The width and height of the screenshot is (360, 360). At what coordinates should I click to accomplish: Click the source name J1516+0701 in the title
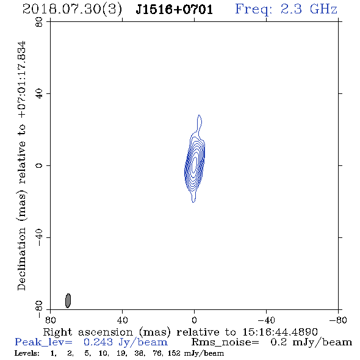coord(174,9)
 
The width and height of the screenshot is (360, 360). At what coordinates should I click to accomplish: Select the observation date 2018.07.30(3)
coord(72,10)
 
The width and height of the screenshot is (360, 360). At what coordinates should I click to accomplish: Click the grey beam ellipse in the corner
coord(68,301)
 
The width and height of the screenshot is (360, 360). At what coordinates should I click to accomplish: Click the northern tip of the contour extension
coord(199,115)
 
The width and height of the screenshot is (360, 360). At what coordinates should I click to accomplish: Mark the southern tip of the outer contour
coord(193,202)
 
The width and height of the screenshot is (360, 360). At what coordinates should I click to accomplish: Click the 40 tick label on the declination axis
coord(39,93)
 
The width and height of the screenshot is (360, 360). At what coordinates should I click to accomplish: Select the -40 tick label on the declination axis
coord(39,237)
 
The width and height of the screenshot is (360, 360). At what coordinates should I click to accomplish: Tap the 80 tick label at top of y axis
coord(39,22)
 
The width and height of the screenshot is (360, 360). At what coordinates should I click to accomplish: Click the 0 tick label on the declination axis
coord(39,165)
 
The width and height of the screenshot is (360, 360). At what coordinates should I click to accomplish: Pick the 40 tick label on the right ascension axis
coord(122,320)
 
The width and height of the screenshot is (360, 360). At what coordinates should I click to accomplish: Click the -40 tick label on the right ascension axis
coord(266,320)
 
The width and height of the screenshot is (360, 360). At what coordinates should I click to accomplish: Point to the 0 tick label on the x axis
coord(194,320)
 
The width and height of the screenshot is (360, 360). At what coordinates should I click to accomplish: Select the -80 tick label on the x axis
coord(338,320)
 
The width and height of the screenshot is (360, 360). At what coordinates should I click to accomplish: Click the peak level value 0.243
coord(98,342)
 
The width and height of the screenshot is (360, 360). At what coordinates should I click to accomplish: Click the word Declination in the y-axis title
coord(21,259)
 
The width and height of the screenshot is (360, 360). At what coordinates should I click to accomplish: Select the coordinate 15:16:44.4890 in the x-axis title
coord(280,332)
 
